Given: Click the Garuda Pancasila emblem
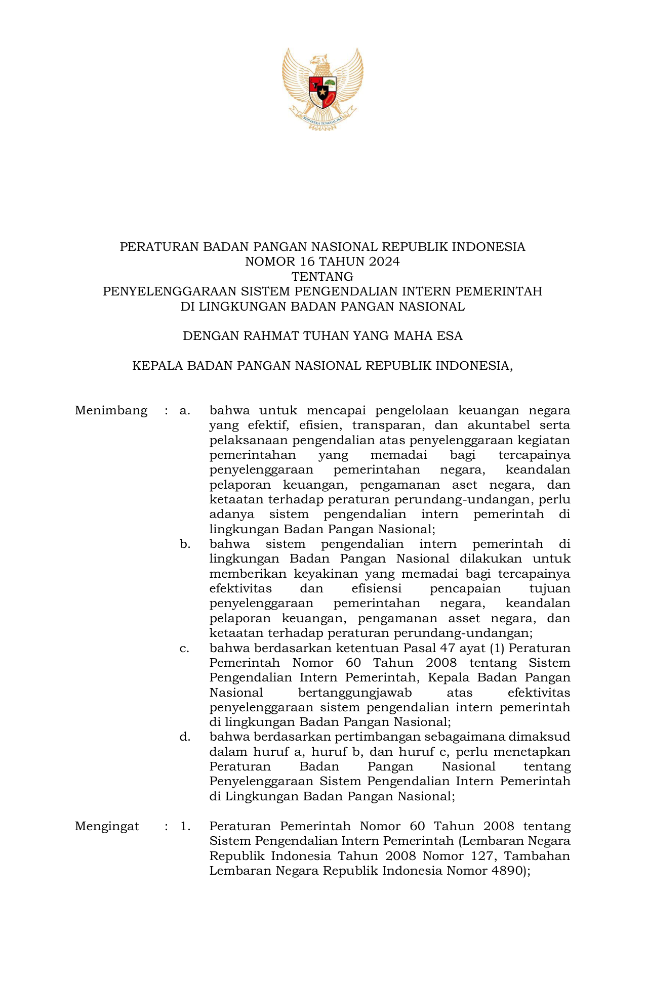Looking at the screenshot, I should tap(322, 89).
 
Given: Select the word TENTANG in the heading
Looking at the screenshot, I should tap(322, 277).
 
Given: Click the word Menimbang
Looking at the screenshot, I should tap(111, 410).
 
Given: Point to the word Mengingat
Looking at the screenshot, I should tap(107, 826).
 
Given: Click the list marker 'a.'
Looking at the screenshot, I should tap(185, 410).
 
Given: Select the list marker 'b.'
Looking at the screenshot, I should tap(185, 544).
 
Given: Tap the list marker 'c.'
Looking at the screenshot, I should tap(184, 648).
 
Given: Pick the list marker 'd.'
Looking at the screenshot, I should tap(185, 737).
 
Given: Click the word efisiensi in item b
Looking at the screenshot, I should tap(376, 589).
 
